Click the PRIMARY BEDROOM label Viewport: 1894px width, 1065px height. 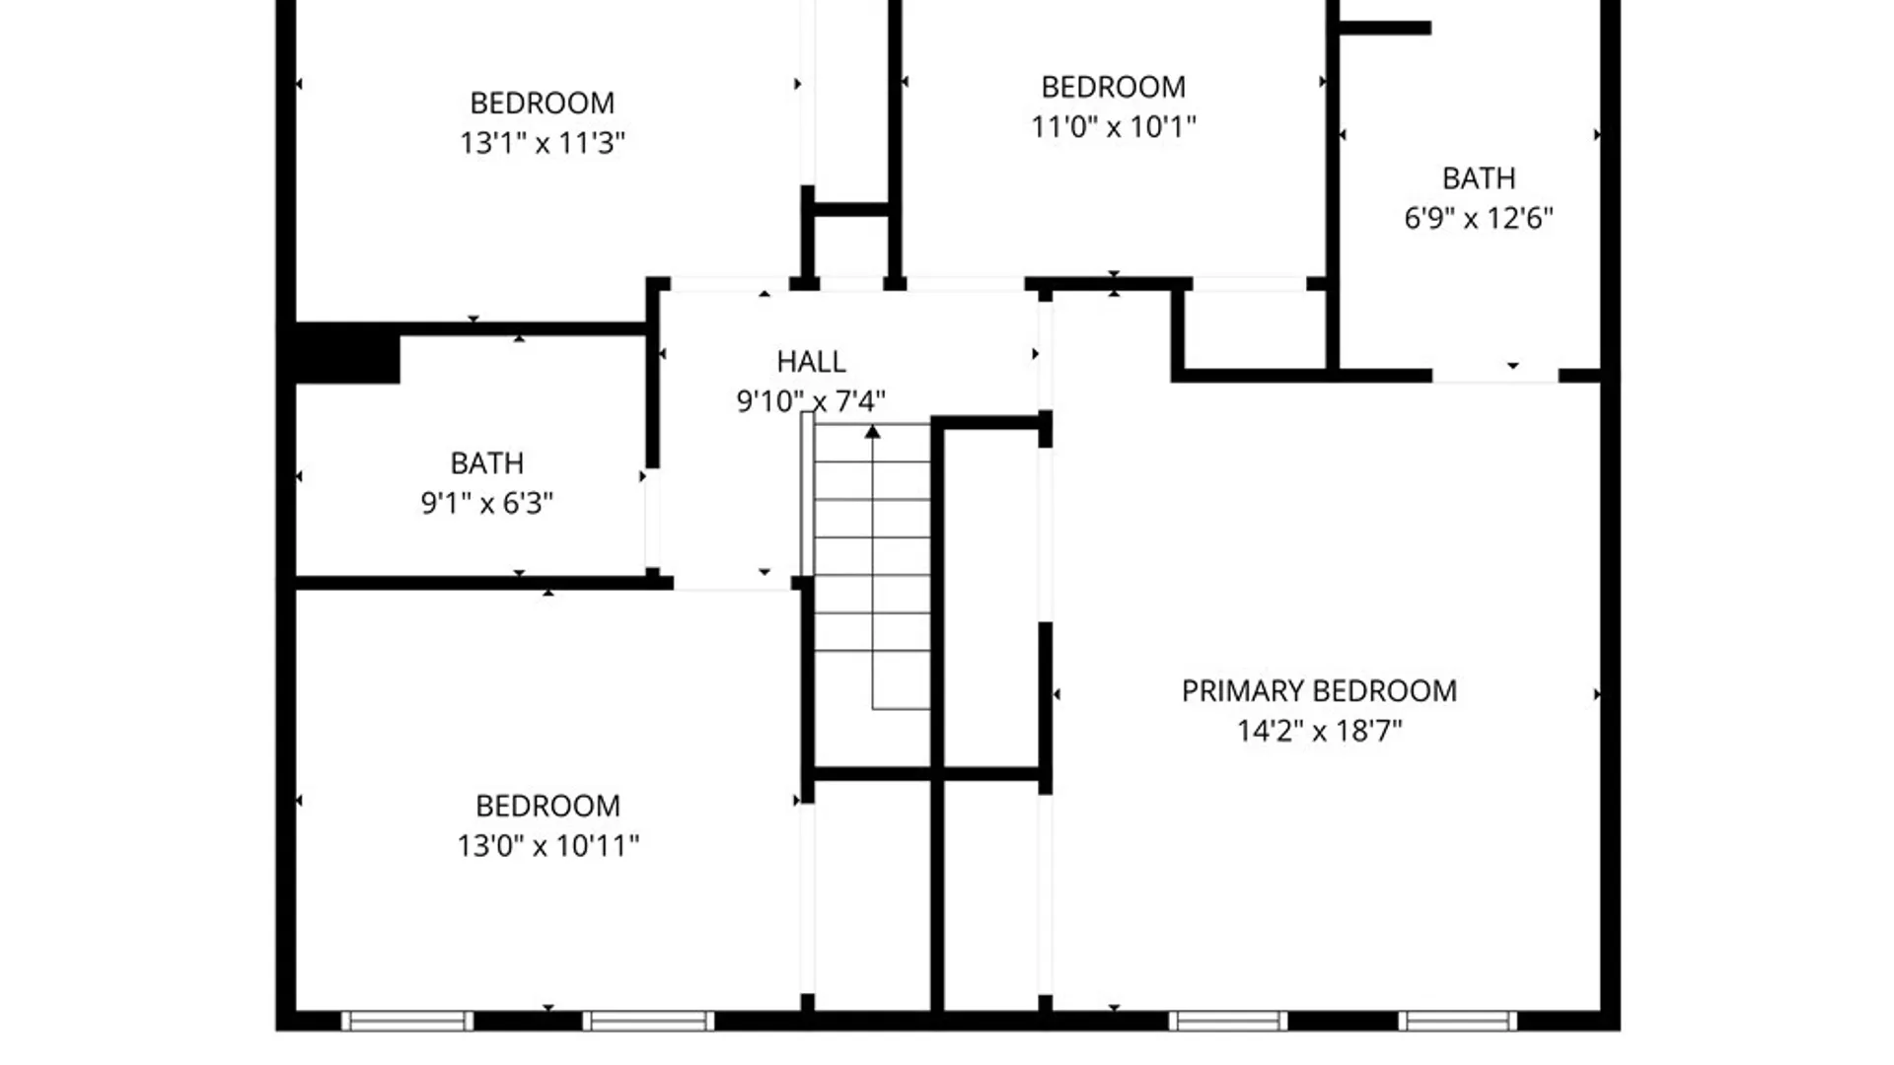(1319, 690)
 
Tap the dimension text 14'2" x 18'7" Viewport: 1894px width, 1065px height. (1320, 731)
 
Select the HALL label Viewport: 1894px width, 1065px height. (811, 362)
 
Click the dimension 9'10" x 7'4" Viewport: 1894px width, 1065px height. (811, 401)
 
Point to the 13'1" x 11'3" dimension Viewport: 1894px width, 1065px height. (543, 143)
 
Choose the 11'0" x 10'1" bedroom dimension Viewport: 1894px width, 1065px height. (1114, 127)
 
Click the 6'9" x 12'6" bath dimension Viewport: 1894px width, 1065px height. (1479, 218)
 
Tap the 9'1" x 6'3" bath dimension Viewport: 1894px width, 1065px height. (487, 504)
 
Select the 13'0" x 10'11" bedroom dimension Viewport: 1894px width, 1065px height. (548, 846)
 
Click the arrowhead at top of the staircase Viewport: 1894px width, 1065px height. (873, 431)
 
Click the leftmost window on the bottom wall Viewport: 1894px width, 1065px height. (407, 1021)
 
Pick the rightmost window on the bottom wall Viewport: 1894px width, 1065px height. (1457, 1021)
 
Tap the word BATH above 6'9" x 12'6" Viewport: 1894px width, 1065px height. (1479, 178)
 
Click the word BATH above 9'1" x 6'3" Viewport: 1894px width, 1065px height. (487, 463)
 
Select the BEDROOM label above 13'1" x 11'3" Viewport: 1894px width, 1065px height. (543, 103)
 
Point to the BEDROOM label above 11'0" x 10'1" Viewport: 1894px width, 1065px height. (1114, 87)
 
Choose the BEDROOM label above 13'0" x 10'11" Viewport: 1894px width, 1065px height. (548, 806)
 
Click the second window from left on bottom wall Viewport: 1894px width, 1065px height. (648, 1021)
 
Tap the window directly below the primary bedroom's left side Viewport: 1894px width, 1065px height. (1228, 1021)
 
